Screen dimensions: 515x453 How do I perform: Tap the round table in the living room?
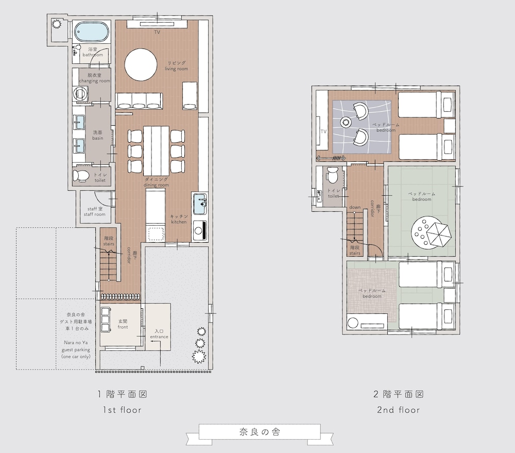(x=141, y=64)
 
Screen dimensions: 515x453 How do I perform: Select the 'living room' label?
(x=176, y=69)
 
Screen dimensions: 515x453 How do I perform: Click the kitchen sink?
(x=200, y=204)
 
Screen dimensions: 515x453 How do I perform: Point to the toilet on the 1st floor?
(x=80, y=176)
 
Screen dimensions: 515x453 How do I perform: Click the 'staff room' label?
(x=95, y=214)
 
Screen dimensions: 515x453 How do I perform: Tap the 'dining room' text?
(x=157, y=185)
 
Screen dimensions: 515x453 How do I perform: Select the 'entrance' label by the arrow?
(x=159, y=337)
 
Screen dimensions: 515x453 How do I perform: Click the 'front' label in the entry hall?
(x=123, y=327)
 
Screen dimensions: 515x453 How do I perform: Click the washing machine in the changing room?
(x=79, y=94)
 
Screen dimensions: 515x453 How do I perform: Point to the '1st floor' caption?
(x=122, y=410)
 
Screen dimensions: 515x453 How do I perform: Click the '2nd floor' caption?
(x=399, y=410)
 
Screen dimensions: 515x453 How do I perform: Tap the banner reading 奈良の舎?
(x=260, y=432)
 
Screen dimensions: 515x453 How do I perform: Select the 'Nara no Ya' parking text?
(x=76, y=343)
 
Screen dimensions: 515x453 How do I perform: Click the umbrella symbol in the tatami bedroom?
(x=439, y=234)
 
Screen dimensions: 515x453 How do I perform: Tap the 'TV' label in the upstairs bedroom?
(x=323, y=131)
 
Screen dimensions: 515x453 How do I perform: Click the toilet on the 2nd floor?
(x=332, y=175)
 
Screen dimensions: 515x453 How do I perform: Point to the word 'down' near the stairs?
(x=355, y=208)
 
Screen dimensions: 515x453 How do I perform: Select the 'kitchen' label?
(x=179, y=222)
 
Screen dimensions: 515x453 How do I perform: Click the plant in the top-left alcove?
(x=57, y=24)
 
